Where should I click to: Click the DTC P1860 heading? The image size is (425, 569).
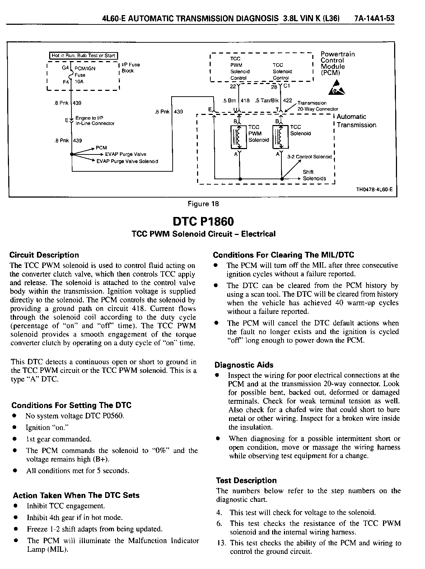click(x=204, y=221)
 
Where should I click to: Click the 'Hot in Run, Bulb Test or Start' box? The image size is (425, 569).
click(x=83, y=55)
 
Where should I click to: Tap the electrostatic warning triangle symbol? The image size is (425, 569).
click(x=336, y=88)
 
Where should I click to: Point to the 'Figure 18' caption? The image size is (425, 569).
click(x=204, y=204)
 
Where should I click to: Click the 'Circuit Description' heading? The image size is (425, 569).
click(x=44, y=255)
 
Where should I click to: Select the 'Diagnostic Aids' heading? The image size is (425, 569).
click(x=244, y=365)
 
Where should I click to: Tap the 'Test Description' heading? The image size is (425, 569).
click(x=246, y=481)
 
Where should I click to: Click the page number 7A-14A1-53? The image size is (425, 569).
click(x=374, y=18)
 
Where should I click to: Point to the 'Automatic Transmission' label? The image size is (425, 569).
click(x=356, y=121)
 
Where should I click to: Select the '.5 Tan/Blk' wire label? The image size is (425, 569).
click(x=267, y=101)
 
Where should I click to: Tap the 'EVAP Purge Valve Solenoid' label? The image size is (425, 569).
click(x=127, y=161)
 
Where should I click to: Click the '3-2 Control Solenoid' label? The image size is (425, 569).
click(x=309, y=157)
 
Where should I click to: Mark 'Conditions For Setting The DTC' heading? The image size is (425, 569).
click(x=71, y=406)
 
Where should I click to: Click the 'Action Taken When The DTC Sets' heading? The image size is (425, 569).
click(x=76, y=495)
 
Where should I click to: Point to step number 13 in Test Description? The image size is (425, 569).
click(x=222, y=543)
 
